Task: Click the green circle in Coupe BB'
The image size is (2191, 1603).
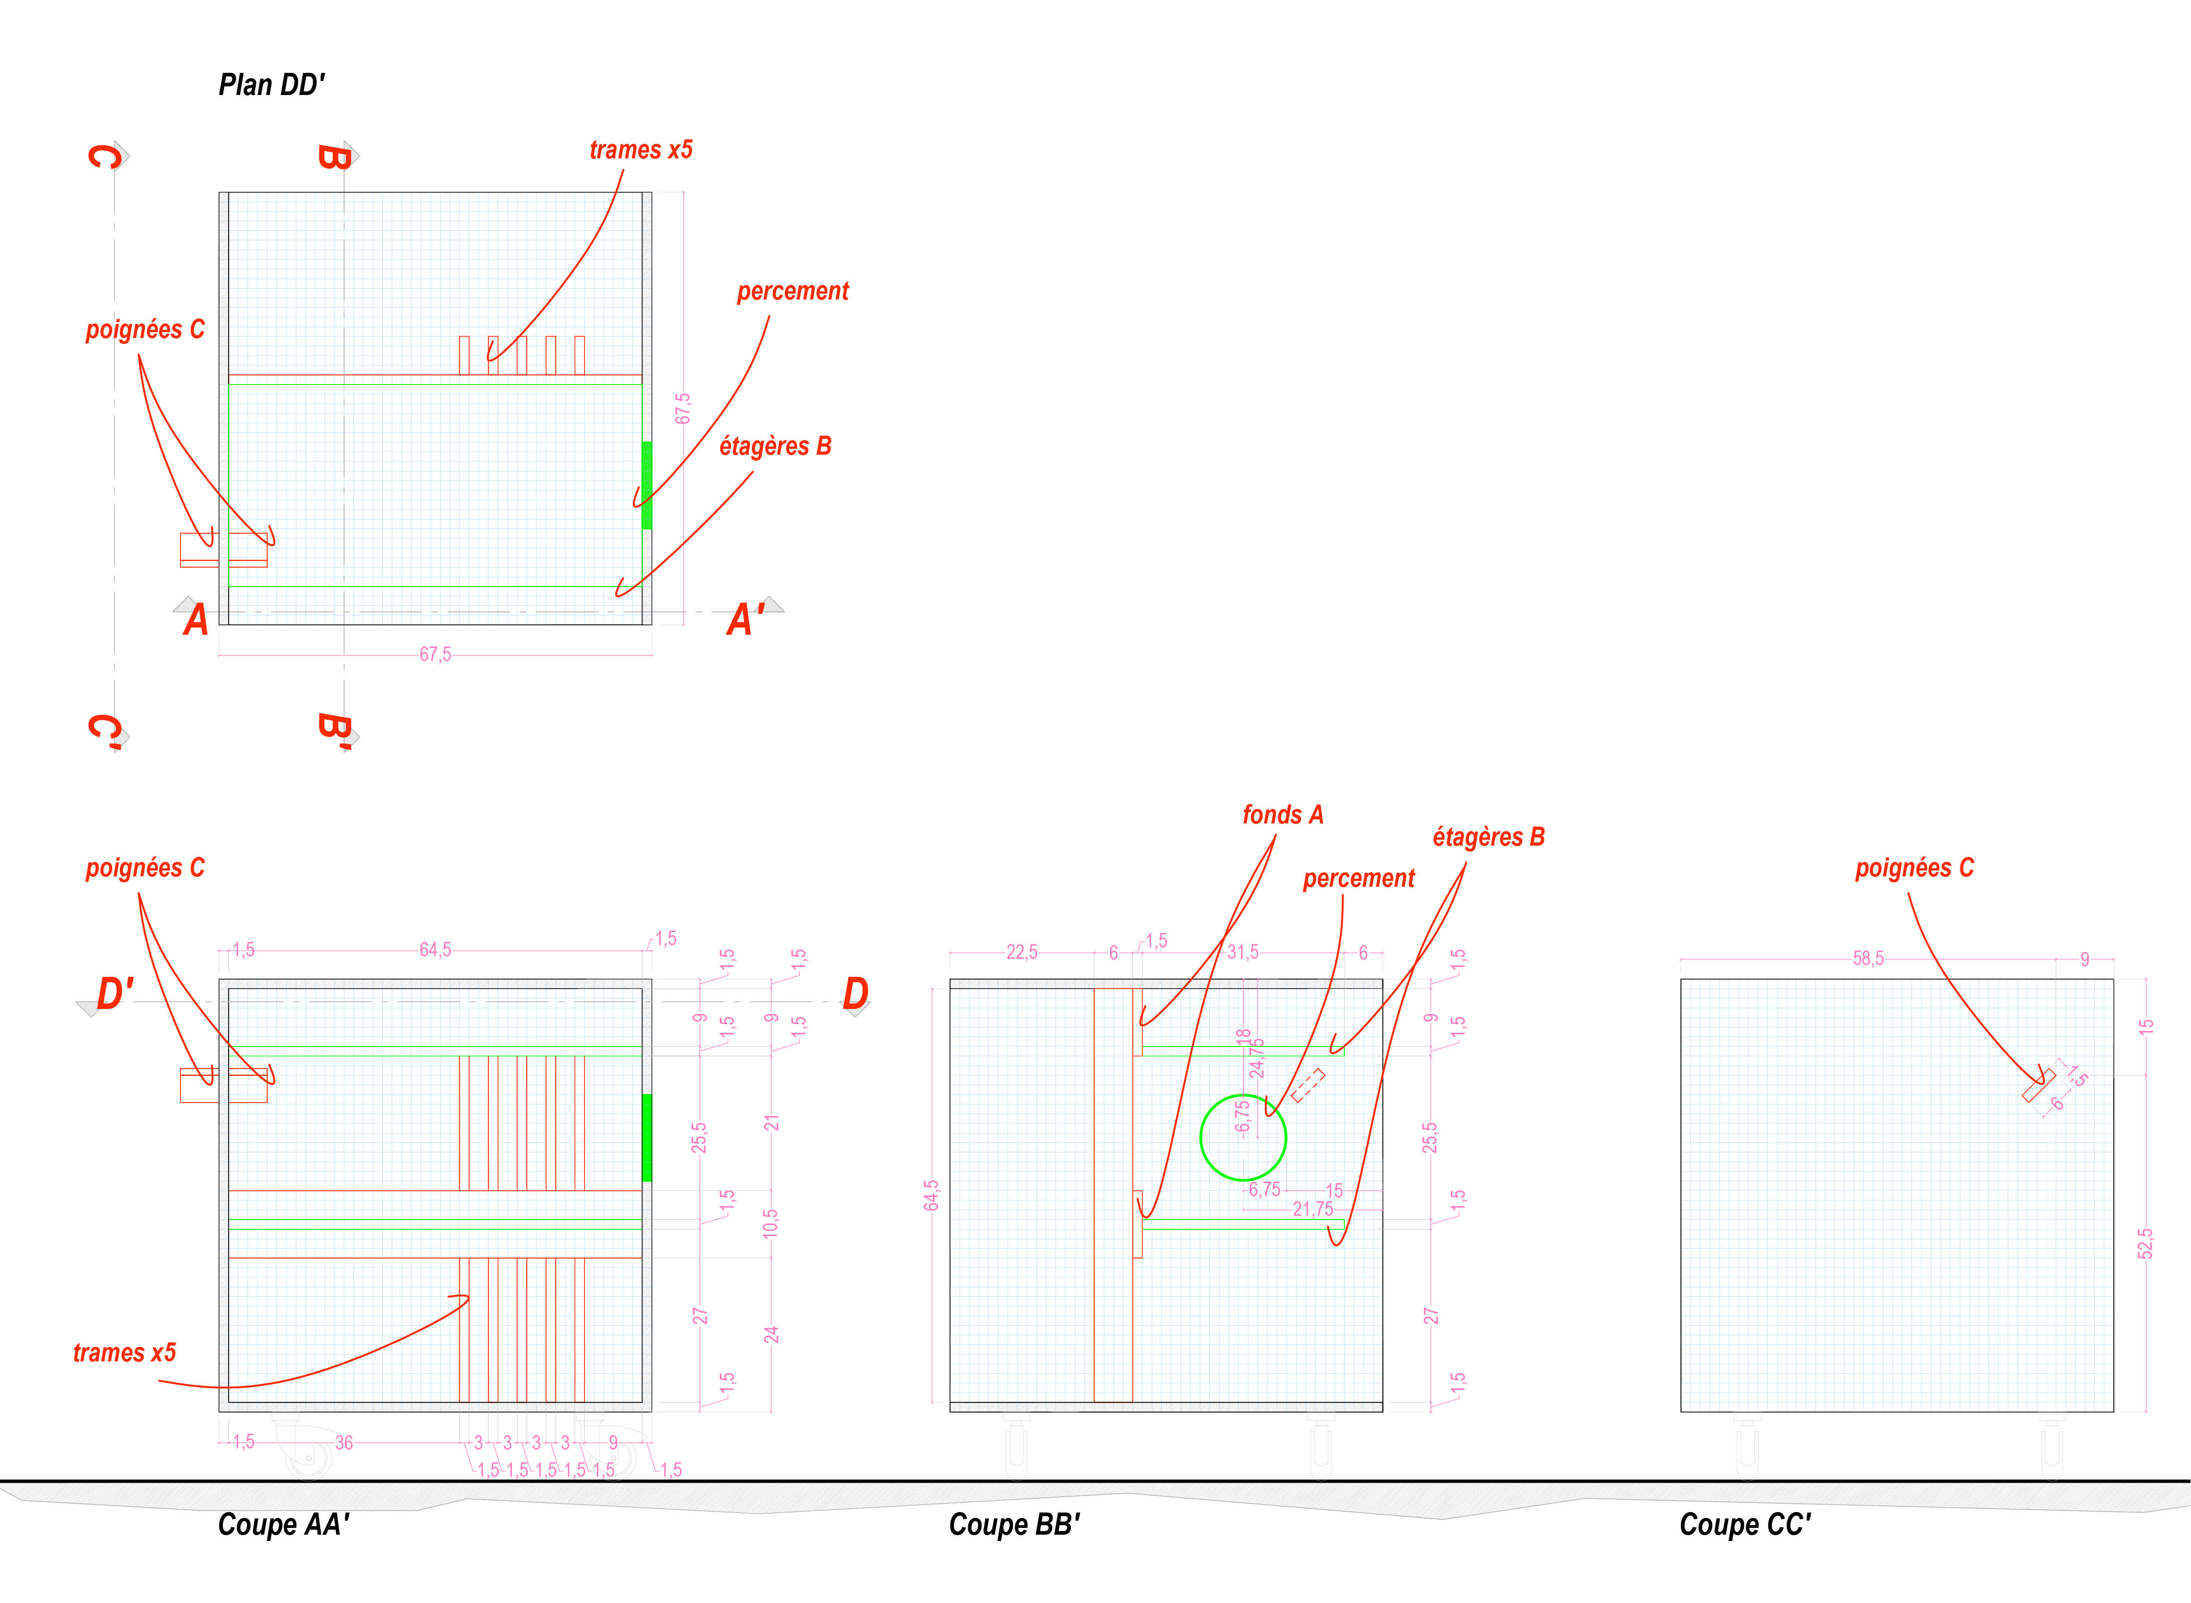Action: click(x=1243, y=1137)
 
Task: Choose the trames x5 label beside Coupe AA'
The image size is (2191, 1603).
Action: click(x=124, y=1353)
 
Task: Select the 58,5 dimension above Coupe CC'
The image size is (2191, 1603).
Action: click(x=1868, y=959)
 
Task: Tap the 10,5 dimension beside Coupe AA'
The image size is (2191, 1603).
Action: click(x=770, y=1223)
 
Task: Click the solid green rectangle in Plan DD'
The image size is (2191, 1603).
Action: click(x=646, y=485)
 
